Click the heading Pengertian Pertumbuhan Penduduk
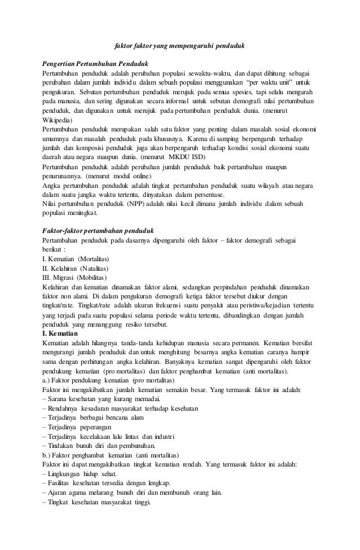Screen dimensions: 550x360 94,64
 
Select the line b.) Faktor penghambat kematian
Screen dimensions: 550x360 111,455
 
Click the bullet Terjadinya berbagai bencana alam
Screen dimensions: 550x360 93,418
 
